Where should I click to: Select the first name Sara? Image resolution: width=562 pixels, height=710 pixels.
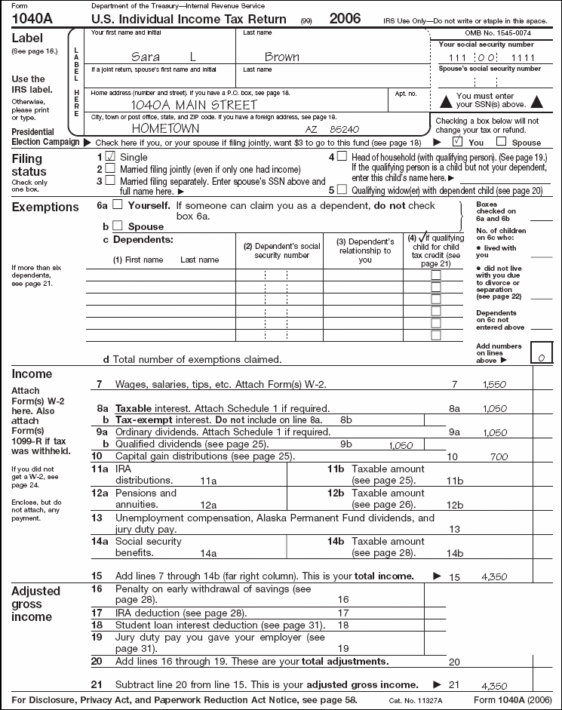(146, 57)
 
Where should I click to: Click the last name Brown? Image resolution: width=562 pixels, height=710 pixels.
(281, 57)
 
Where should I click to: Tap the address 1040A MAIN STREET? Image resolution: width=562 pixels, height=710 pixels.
(194, 105)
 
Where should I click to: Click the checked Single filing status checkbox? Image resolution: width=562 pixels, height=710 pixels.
(110, 156)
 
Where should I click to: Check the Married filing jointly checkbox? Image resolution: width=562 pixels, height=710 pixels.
(110, 169)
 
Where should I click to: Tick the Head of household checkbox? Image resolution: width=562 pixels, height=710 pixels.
(342, 156)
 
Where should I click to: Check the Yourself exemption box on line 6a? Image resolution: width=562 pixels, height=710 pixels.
(117, 204)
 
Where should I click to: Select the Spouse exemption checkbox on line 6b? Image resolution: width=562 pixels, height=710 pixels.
(117, 226)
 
